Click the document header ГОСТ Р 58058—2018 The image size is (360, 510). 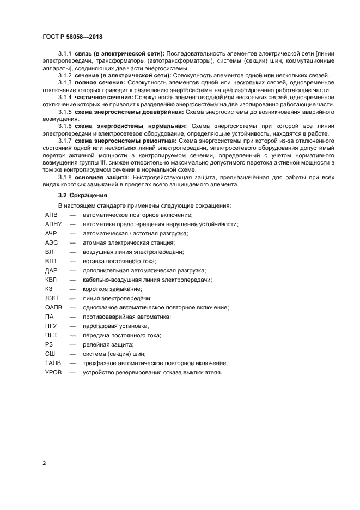[72, 37]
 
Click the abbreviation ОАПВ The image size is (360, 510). [53, 307]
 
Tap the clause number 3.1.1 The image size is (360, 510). [65, 53]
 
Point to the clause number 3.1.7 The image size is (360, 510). [65, 141]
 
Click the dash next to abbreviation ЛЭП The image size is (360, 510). [72, 298]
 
